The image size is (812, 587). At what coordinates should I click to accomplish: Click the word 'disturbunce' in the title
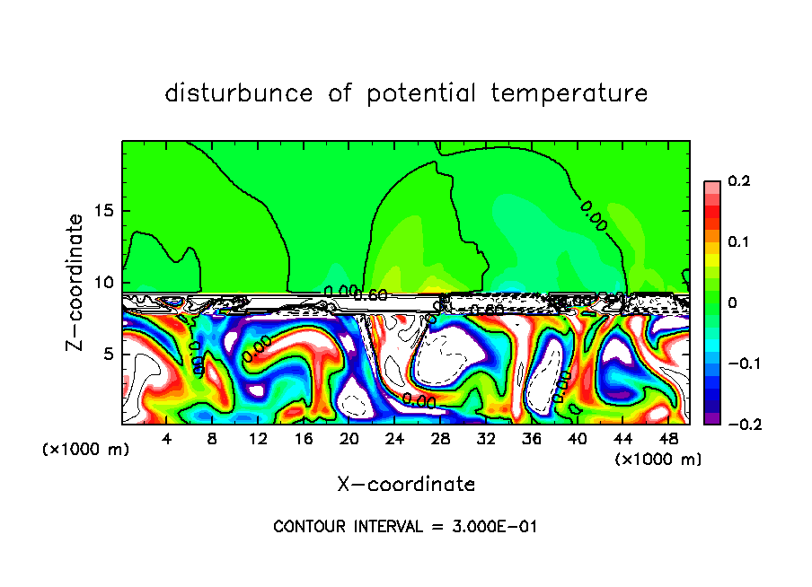pyautogui.click(x=238, y=92)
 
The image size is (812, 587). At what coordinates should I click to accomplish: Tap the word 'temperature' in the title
pyautogui.click(x=569, y=92)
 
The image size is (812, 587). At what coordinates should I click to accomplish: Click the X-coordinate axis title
pyautogui.click(x=406, y=485)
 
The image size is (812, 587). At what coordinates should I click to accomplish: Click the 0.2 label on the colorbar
pyautogui.click(x=738, y=181)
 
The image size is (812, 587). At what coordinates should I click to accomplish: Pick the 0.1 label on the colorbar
pyautogui.click(x=738, y=242)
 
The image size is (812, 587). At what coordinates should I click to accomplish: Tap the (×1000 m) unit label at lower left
pyautogui.click(x=86, y=450)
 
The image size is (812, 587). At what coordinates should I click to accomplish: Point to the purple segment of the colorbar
pyautogui.click(x=711, y=417)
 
